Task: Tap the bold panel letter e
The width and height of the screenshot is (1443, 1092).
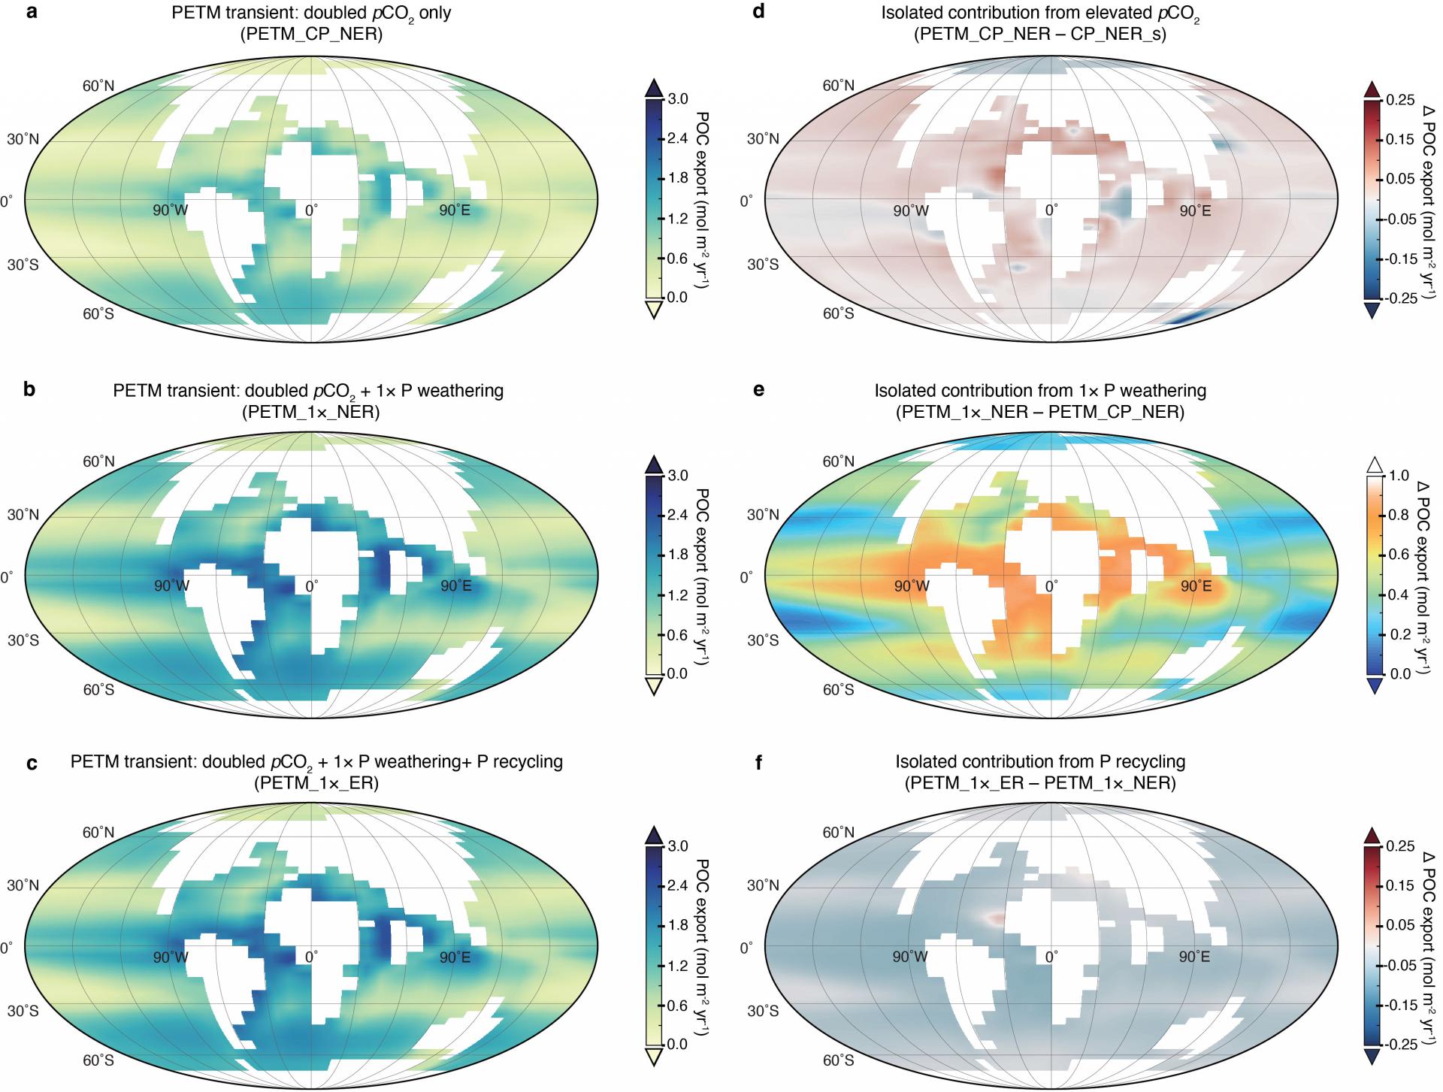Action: tap(759, 390)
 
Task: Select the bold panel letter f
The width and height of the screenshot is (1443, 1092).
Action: tap(758, 761)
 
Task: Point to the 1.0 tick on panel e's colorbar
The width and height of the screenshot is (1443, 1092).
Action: tap(1399, 476)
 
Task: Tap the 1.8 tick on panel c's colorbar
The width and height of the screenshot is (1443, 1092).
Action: tap(679, 925)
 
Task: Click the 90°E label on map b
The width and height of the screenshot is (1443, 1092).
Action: tap(455, 585)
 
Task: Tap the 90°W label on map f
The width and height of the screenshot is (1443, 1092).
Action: tap(911, 957)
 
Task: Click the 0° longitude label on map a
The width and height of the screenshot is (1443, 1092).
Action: tap(310, 210)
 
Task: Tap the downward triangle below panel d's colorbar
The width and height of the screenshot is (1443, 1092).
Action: tap(1373, 310)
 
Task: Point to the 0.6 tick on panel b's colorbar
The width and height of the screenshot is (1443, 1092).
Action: tap(679, 634)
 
